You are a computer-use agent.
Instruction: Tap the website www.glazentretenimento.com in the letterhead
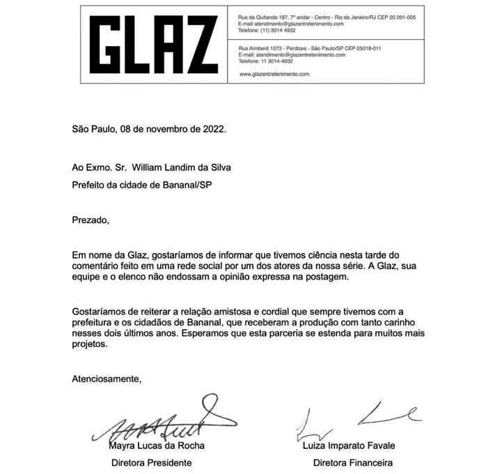(x=274, y=73)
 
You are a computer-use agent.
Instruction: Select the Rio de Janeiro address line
(x=326, y=17)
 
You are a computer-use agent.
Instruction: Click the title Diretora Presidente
(x=152, y=462)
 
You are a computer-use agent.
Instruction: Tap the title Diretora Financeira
(x=353, y=462)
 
